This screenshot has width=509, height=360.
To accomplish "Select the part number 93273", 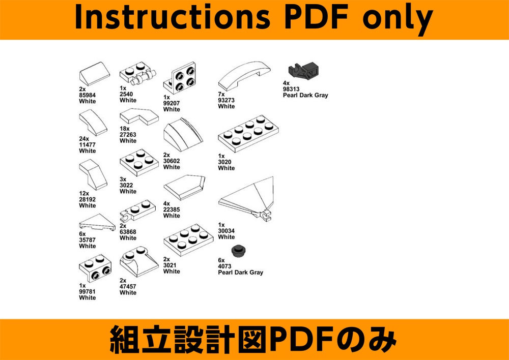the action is [227, 100].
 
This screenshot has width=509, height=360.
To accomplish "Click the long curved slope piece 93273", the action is [245, 76].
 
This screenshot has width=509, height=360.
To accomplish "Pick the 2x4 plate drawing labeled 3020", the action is [248, 133].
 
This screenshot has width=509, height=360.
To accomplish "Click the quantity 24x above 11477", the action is [84, 139].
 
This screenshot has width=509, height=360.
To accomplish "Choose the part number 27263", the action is [128, 135].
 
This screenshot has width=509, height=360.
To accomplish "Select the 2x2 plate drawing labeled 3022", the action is [139, 162].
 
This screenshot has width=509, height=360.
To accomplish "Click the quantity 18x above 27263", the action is [125, 129].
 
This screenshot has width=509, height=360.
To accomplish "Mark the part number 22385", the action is [172, 209].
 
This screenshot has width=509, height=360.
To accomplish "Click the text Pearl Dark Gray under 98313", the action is [305, 95].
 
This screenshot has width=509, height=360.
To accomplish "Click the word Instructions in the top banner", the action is [173, 18].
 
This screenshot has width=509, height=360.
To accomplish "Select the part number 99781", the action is [88, 291].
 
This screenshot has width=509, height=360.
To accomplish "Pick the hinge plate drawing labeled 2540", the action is [138, 74].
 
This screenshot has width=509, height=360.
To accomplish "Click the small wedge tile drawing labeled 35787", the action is [97, 222].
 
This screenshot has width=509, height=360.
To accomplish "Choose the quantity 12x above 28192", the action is [84, 194].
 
